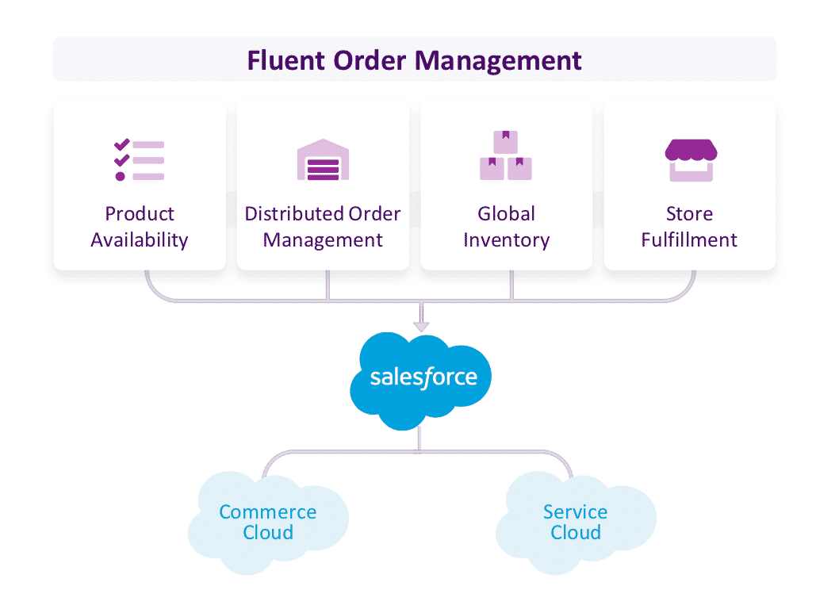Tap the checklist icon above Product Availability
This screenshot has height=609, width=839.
click(x=139, y=160)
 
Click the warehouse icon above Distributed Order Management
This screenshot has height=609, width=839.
click(x=323, y=160)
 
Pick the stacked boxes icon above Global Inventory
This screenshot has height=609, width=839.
click(x=506, y=156)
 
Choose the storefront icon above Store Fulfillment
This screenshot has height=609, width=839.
click(x=690, y=160)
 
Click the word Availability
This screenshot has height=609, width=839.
click(x=140, y=239)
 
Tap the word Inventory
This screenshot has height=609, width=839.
click(x=506, y=239)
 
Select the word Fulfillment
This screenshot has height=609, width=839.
click(x=690, y=239)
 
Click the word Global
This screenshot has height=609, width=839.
click(x=506, y=214)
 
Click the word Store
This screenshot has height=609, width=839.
click(x=690, y=214)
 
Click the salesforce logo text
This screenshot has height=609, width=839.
click(x=423, y=377)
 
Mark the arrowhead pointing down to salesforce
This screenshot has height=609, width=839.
click(x=421, y=326)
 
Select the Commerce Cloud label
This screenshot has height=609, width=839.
click(x=268, y=523)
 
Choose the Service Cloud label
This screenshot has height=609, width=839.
click(x=576, y=523)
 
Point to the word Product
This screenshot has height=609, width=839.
click(x=140, y=214)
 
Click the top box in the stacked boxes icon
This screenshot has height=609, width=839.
click(x=506, y=142)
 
